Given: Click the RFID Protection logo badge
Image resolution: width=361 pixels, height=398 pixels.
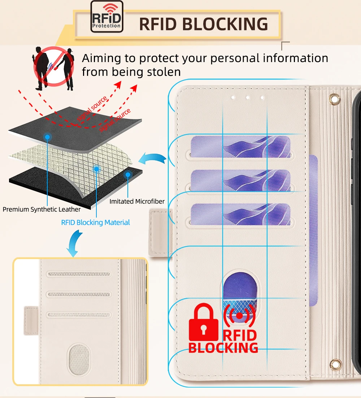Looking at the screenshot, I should pyautogui.click(x=106, y=17).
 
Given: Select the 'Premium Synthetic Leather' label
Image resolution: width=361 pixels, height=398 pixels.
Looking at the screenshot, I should pyautogui.click(x=42, y=209).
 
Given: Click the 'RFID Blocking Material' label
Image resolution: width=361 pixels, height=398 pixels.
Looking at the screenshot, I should pyautogui.click(x=95, y=222).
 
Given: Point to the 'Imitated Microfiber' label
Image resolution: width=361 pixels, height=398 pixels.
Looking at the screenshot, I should pyautogui.click(x=137, y=201).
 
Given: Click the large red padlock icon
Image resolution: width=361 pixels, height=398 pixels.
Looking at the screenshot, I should pyautogui.click(x=204, y=323).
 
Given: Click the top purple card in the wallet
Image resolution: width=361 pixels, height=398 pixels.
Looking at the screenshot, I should pyautogui.click(x=240, y=147).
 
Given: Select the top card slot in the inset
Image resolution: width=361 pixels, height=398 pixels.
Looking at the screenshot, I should pyautogui.click(x=79, y=274).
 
